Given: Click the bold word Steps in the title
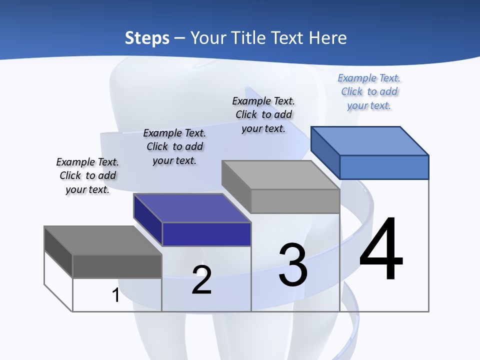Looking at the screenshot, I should pos(147,38).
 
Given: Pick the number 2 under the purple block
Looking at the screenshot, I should pos(202,279).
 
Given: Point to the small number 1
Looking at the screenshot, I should pos(115,295).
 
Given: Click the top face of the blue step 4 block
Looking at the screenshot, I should pos(369,140).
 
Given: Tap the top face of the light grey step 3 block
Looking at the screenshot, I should pos(280,174).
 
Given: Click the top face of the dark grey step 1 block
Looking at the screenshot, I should pos(103,240).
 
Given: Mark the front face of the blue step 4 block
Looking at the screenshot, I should pos(384,167).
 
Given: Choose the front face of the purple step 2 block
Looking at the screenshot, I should pos(206,234).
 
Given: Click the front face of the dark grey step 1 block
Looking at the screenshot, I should pos(117,266).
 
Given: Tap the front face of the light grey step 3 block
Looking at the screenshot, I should pos(295,201).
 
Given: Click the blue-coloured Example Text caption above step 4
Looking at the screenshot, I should pos(369,91).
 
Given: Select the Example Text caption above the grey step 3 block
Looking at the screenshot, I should pos(263,114).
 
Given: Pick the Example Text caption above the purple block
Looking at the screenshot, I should pos(174,146).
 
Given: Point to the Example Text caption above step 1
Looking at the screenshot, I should pos(87,175).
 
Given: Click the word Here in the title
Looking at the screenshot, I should pos(328,38).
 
